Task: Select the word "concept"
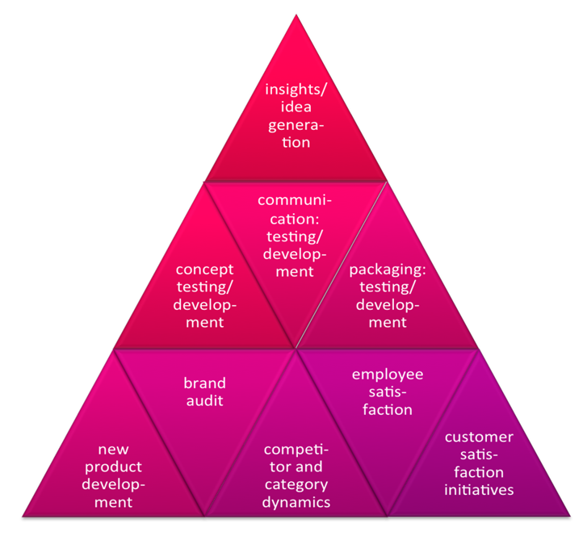pos(204,269)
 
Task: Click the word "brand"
pos(204,383)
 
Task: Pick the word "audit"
pos(204,400)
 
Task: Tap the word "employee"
pos(388,374)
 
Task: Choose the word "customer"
pos(479,437)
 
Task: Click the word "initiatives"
pos(479,490)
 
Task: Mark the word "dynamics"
pos(296,502)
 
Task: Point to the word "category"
pos(296,484)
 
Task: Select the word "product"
pos(114,467)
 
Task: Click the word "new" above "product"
pos(114,449)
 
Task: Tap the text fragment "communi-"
pos(295,199)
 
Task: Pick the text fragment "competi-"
pos(296,449)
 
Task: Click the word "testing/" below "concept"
pos(204,287)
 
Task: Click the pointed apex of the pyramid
pos(296,16)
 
